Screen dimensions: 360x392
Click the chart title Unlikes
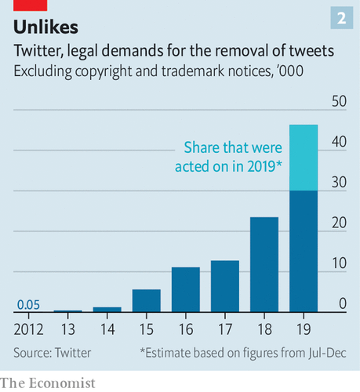[45, 27]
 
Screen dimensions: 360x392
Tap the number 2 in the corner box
[342, 18]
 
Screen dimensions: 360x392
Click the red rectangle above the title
[31, 5]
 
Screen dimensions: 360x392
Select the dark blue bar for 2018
[264, 264]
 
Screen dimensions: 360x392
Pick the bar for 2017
[225, 286]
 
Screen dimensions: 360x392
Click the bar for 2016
[186, 289]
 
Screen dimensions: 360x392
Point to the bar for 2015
[147, 301]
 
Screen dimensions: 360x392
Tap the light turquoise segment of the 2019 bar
[304, 158]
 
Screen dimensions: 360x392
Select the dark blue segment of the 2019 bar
[304, 252]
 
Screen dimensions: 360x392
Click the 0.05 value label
[28, 305]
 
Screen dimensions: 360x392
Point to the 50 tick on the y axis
[339, 101]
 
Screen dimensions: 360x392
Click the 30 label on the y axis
[339, 182]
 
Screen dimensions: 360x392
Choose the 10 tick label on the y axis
[340, 263]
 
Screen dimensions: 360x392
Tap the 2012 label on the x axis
[28, 329]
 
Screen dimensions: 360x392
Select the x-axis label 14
[107, 329]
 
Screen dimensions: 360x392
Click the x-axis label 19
[304, 329]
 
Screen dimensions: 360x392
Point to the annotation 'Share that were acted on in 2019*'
[228, 157]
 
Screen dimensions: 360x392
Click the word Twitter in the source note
[73, 353]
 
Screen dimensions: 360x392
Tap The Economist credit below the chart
[48, 383]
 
